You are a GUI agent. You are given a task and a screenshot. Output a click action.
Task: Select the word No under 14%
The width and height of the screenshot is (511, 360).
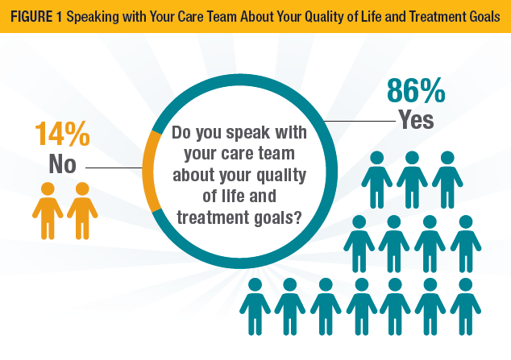point(61,165)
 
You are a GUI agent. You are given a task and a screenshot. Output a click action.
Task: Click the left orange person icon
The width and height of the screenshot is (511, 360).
point(47,210)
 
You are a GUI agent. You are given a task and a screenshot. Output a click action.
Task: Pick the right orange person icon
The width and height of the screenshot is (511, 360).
point(81,210)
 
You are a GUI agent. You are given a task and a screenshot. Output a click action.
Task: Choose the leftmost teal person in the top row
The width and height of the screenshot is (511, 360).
point(376,180)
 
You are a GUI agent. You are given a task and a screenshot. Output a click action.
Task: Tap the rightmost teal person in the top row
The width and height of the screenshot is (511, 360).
point(447,180)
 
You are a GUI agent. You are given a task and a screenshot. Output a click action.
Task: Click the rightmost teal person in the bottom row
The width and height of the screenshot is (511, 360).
point(466,306)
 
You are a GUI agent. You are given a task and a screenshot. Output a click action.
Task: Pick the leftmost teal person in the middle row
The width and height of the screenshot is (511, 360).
point(359,242)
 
